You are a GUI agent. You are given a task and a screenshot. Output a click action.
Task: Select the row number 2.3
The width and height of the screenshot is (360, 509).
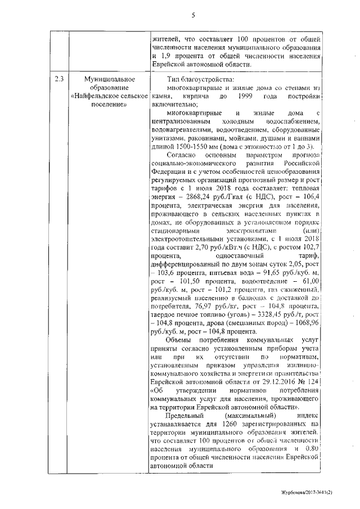point(58,79)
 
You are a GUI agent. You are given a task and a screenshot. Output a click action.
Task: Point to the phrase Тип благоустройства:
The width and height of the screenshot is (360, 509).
point(196,79)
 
